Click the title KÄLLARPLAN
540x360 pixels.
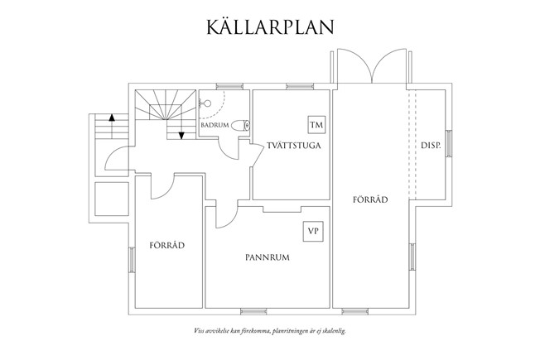coord(270,26)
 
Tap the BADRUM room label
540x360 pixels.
coord(215,125)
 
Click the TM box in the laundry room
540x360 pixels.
coord(316,125)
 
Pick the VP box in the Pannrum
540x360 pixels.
coord(312,231)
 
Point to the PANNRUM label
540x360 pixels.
coord(267,257)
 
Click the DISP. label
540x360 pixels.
coord(430,146)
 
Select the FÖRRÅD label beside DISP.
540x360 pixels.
coord(369,199)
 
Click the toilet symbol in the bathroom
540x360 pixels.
coord(240,127)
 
